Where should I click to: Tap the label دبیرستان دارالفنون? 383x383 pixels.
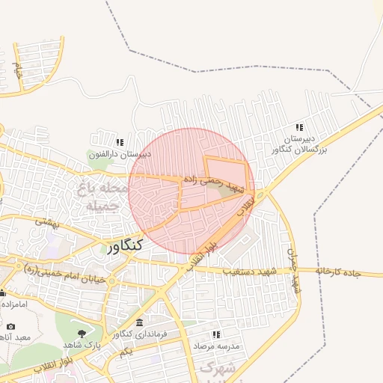point(120,154)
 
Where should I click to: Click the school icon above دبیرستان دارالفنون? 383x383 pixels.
point(119,142)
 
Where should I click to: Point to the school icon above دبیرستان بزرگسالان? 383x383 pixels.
point(300,127)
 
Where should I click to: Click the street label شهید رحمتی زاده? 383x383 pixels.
point(213,180)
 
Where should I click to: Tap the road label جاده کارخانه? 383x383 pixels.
point(338,271)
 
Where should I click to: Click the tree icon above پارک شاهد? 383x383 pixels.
point(82,334)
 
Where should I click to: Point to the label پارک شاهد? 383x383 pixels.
point(82,346)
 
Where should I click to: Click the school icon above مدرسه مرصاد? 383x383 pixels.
point(217,335)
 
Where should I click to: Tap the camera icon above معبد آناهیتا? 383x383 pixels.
point(10,326)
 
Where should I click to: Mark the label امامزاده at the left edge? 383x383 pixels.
point(13,304)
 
